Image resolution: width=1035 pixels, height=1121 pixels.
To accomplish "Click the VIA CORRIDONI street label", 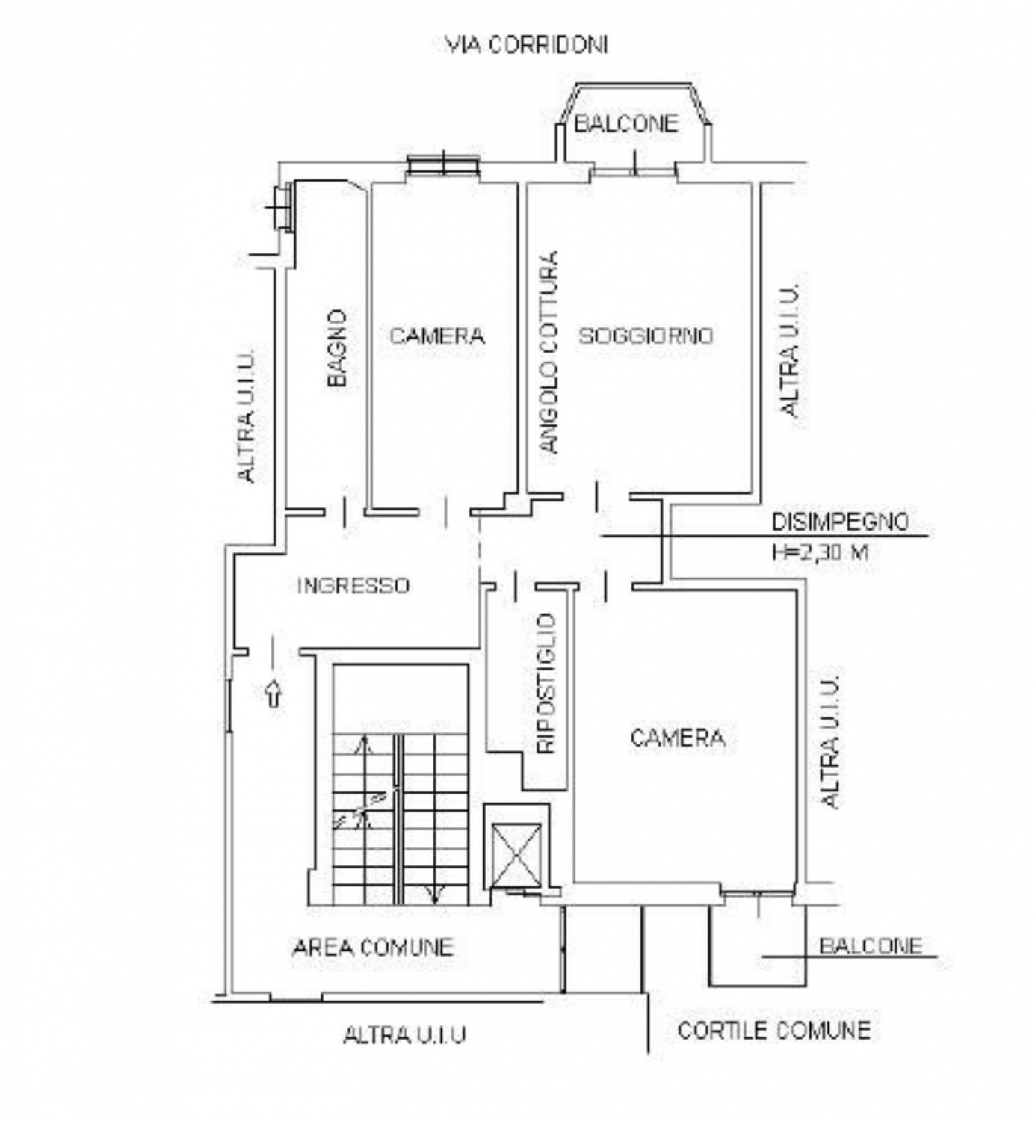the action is pyautogui.click(x=526, y=45).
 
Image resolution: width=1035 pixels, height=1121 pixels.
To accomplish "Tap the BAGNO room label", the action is pyautogui.click(x=337, y=348).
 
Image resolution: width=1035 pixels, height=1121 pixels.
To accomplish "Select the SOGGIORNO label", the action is pyautogui.click(x=646, y=336).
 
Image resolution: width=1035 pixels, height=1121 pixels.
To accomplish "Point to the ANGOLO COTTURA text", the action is pyautogui.click(x=549, y=352).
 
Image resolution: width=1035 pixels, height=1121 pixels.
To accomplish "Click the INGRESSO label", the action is pyautogui.click(x=353, y=586).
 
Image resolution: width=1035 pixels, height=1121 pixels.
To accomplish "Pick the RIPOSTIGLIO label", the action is pyautogui.click(x=546, y=684).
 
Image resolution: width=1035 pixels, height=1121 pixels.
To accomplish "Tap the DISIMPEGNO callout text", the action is pyautogui.click(x=840, y=522).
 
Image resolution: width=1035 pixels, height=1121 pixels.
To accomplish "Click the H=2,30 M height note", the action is pyautogui.click(x=821, y=552).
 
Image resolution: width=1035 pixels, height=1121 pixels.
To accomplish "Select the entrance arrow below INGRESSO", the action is pyautogui.click(x=274, y=693).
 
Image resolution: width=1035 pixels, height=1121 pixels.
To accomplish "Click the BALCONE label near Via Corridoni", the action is pyautogui.click(x=626, y=123).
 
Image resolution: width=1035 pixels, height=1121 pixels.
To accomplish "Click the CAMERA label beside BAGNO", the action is pyautogui.click(x=437, y=336).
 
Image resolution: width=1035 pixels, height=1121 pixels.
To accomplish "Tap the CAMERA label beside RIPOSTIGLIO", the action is pyautogui.click(x=678, y=738).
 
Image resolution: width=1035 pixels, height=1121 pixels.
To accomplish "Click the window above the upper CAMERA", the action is pyautogui.click(x=444, y=164).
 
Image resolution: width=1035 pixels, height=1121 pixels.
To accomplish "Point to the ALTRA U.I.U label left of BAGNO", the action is pyautogui.click(x=246, y=416).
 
